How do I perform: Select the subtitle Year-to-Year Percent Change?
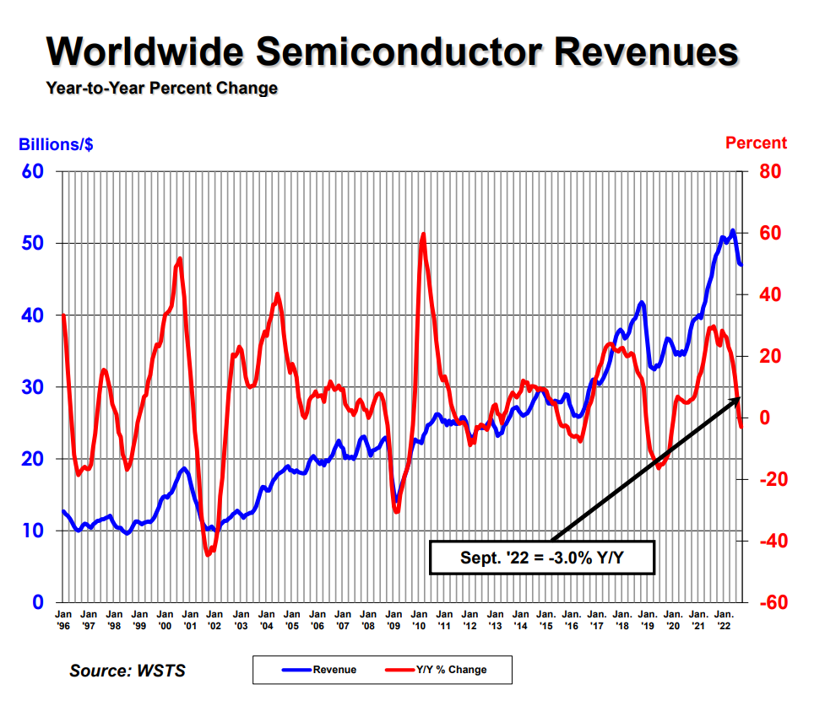(161, 88)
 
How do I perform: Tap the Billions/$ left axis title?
(56, 144)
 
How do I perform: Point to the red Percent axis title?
(756, 143)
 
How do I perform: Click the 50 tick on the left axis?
(34, 244)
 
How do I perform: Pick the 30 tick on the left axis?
(34, 387)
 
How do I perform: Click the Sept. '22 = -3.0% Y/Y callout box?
(541, 558)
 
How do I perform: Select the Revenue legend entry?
(320, 670)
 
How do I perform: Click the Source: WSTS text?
(128, 671)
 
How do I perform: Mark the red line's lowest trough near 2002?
(209, 555)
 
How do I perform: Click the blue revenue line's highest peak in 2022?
(732, 230)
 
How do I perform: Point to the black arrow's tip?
(741, 396)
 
